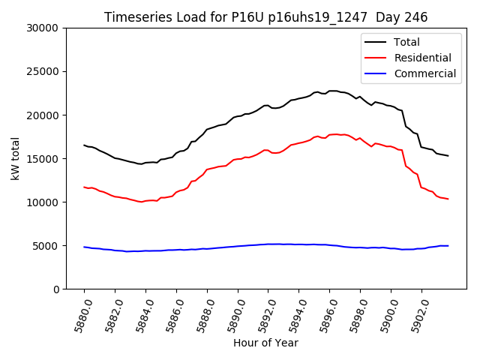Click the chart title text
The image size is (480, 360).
coord(266,17)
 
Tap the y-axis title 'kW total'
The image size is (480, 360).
coord(15,158)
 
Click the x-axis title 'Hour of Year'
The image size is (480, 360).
coord(265,343)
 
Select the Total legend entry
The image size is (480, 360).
coord(406,42)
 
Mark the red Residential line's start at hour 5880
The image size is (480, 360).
coord(85,187)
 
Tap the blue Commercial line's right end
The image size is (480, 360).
coord(448,245)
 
